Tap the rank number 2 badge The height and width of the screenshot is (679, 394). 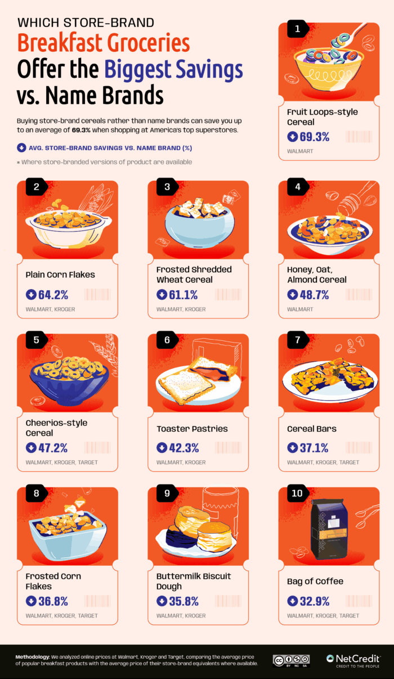(x=37, y=188)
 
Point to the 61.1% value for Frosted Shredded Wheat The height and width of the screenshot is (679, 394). (x=183, y=294)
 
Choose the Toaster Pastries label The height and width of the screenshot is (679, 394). (x=192, y=429)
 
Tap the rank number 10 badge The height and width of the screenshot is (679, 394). (x=298, y=494)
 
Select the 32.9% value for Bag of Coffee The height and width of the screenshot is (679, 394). (x=314, y=601)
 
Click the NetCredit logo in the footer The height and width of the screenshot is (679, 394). (x=353, y=660)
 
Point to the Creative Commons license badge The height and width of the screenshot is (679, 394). (x=291, y=660)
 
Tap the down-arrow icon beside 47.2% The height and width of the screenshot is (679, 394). (x=31, y=448)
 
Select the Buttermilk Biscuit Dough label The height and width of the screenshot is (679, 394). (x=194, y=581)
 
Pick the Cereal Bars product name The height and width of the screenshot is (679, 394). (x=312, y=429)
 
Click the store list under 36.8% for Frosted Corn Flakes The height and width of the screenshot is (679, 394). (x=61, y=616)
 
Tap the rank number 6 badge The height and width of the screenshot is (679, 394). (x=167, y=340)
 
